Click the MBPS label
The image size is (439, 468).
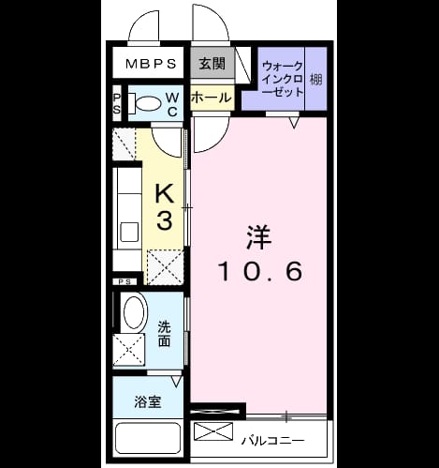(151, 64)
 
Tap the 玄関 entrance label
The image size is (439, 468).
(212, 64)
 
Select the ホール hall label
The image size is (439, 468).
(212, 98)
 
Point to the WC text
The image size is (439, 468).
(172, 104)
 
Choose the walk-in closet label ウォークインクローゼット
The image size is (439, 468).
(283, 79)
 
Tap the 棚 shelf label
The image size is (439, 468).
(315, 79)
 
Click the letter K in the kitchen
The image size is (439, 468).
(165, 193)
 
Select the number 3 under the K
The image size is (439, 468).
(165, 220)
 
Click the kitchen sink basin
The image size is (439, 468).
(129, 232)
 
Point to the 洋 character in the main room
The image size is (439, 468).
(259, 237)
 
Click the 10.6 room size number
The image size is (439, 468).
(261, 271)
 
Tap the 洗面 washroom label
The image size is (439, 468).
(164, 334)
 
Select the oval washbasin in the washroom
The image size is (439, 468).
(135, 311)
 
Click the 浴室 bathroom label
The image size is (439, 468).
(148, 402)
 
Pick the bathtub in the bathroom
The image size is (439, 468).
(148, 438)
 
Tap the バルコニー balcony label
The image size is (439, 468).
(273, 441)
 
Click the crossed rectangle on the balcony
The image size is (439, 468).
(213, 431)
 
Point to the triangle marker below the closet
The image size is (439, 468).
(294, 123)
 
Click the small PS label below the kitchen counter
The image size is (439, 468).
(124, 281)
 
